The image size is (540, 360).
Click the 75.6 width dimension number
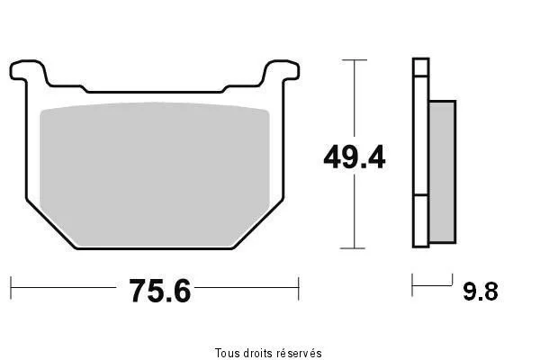[160, 291]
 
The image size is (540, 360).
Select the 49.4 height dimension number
[355, 157]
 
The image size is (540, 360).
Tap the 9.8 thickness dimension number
[481, 292]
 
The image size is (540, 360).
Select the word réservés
[300, 353]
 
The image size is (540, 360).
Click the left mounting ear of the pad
[28, 71]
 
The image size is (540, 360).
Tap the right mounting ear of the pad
[281, 71]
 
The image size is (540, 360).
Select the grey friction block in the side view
[443, 172]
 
